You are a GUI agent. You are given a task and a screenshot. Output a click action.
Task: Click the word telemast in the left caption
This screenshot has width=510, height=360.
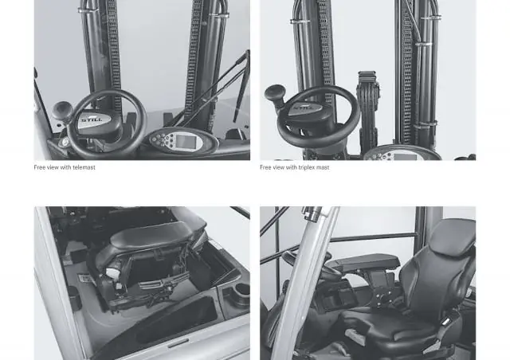[84, 167]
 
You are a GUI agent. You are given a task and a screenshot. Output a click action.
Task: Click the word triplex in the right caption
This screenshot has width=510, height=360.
[306, 167]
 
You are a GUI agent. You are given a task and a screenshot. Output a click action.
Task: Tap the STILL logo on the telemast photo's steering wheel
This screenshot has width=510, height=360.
[92, 119]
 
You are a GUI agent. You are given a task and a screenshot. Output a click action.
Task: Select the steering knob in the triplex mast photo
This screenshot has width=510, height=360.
[275, 92]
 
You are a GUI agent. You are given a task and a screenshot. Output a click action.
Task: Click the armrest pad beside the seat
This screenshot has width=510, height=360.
[362, 263]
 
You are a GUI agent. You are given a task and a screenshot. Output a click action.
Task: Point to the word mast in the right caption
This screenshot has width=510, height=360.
[322, 167]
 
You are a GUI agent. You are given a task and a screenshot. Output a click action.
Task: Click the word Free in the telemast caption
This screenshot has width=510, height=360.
[39, 167]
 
